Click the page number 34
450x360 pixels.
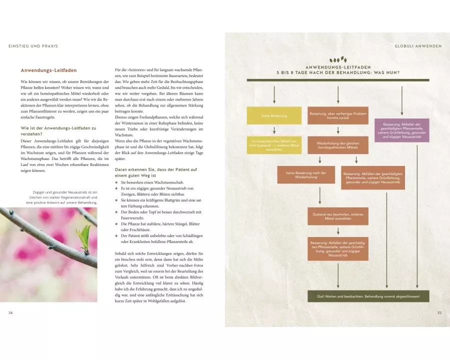coord(11,312)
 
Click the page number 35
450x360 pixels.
coord(439,312)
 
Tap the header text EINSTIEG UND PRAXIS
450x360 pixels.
coord(33,46)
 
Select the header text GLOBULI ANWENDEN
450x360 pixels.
coord(418,46)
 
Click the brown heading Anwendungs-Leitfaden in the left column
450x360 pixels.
coord(48,70)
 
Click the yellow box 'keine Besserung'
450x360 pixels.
coord(274,116)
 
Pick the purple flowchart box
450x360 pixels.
coord(401,130)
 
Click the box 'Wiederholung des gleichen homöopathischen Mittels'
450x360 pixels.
coord(338,146)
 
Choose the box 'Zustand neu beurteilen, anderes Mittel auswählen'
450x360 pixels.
coord(338,216)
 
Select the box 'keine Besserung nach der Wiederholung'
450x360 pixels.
coord(306,175)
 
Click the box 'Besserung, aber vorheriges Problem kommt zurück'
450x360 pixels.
coord(338,116)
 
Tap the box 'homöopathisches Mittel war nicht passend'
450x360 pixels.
coord(274,146)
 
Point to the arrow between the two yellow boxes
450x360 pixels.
coord(274,130)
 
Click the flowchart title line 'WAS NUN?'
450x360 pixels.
coord(338,72)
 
